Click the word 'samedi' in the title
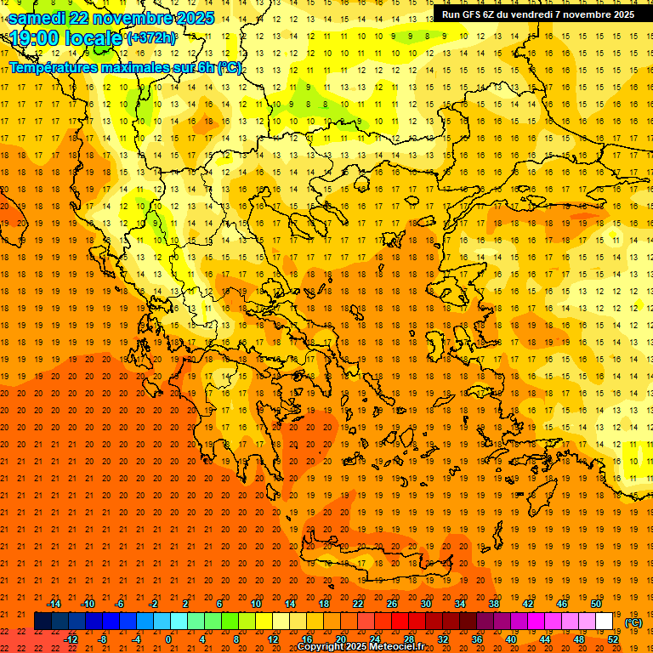pos(41,17)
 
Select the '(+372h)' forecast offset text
pos(151,37)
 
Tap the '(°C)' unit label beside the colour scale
pos(633,622)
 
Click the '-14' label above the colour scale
pos(54,604)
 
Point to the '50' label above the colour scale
pos(596,604)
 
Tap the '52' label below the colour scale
pos(613,639)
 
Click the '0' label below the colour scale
pos(168,639)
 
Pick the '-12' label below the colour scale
pos(71,639)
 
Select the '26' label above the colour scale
pos(392,604)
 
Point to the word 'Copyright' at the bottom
pos(322,647)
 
